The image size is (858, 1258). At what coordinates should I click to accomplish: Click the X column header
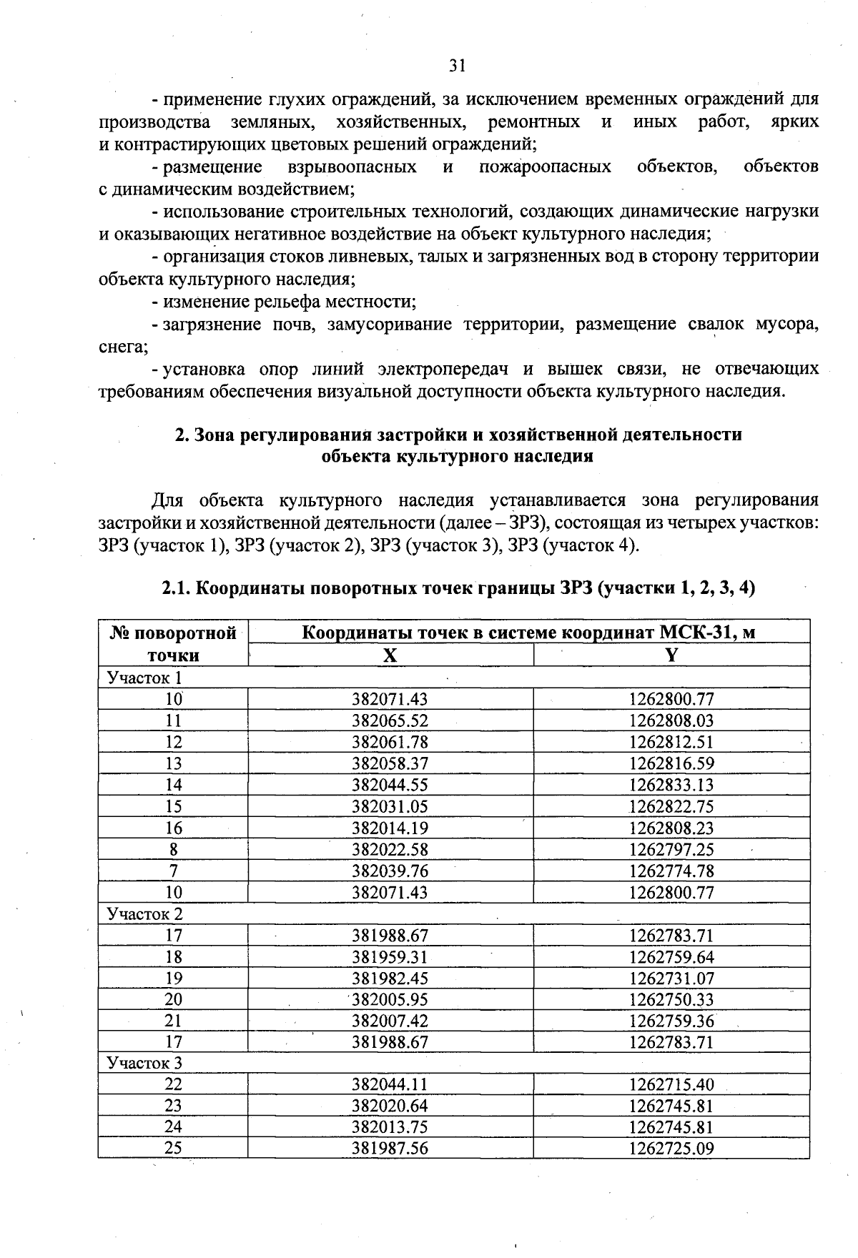coord(390,655)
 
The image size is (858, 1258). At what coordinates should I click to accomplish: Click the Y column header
coord(671,655)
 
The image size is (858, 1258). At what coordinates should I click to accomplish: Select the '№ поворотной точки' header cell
coord(173,644)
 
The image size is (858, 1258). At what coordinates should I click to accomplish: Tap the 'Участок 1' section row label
coord(144,677)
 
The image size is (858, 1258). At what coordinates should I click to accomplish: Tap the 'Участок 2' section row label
coord(144,913)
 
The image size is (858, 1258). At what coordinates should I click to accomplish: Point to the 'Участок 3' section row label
coord(144,1063)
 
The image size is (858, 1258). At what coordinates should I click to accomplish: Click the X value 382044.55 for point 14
coord(390,785)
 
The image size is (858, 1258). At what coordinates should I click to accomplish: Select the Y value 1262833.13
coord(671,785)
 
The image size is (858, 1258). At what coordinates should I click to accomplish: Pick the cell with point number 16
coord(173,828)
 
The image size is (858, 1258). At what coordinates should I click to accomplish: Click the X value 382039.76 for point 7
coord(390,871)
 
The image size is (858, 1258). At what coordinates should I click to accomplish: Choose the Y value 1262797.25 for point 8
coord(671,849)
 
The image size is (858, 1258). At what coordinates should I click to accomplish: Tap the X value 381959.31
coord(390,956)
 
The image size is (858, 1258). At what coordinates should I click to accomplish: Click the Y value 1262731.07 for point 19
coord(671,978)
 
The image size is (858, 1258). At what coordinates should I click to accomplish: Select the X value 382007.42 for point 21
coord(390,1021)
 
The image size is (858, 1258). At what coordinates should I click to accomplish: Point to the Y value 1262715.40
coord(671,1084)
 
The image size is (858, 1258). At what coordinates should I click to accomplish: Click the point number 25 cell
coord(173,1148)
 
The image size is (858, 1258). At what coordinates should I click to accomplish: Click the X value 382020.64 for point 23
coord(390,1106)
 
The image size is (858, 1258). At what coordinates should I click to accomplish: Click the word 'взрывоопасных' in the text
coord(352,167)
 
